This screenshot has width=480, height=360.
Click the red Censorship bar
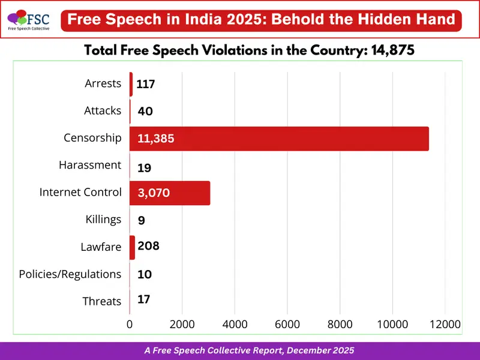click(279, 139)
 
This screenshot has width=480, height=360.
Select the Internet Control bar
click(170, 193)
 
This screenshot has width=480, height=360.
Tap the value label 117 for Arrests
click(146, 85)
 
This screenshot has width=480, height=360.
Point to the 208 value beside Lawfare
click(148, 246)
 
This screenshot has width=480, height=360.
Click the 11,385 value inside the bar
click(156, 139)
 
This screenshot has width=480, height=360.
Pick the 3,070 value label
click(154, 193)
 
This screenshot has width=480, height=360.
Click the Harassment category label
click(90, 165)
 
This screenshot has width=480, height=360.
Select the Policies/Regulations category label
click(70, 274)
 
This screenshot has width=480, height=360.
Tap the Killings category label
click(104, 220)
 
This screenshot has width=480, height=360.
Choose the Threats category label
click(102, 301)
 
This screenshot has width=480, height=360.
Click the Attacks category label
click(103, 110)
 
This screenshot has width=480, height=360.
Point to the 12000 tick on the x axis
click(445, 325)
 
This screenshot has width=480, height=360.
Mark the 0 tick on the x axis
click(130, 325)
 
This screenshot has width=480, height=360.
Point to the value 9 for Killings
click(141, 220)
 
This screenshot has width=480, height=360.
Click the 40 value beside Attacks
click(145, 111)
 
